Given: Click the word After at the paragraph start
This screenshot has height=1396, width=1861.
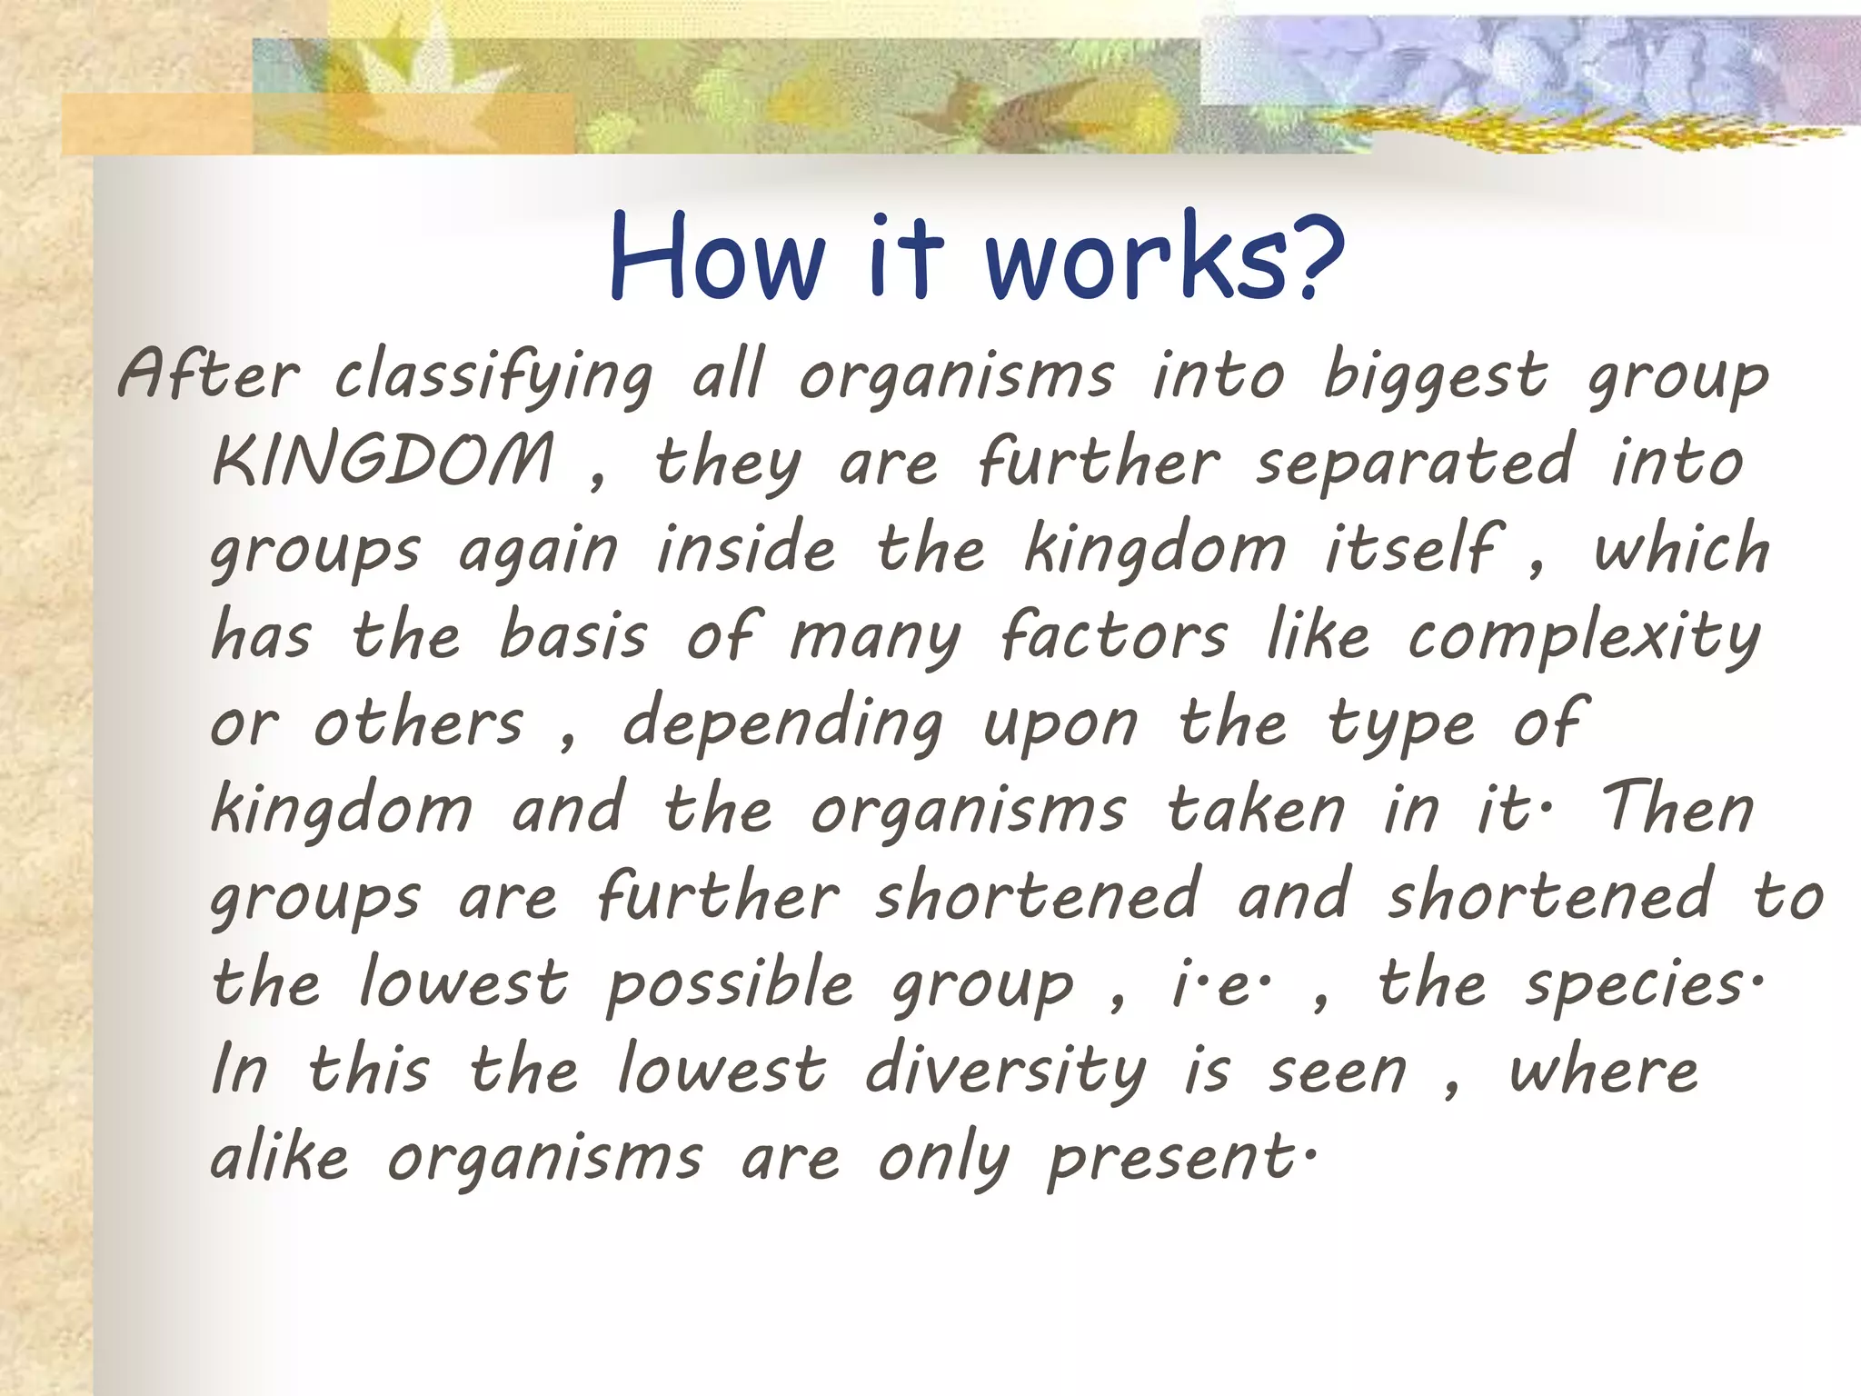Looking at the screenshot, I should [x=208, y=374].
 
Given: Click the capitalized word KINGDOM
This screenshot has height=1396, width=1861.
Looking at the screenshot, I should [x=383, y=460].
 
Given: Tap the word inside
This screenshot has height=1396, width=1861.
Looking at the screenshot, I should [x=745, y=549].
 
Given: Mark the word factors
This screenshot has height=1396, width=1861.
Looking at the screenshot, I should [x=1114, y=634].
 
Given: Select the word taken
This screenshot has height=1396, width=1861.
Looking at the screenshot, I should [x=1257, y=809].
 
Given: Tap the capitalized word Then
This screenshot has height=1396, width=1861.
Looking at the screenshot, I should [x=1677, y=807].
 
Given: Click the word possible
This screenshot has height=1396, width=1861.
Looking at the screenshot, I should [x=731, y=985].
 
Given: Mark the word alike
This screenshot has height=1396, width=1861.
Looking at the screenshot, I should [x=279, y=1158].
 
